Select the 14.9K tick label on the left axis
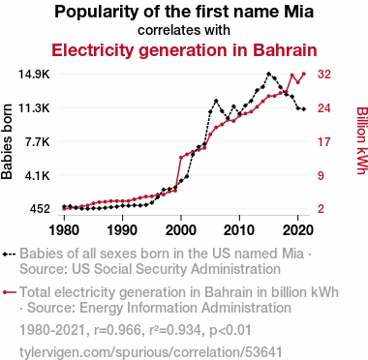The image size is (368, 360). click(x=35, y=75)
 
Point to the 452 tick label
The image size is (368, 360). click(x=40, y=209)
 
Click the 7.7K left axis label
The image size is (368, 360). click(x=38, y=141)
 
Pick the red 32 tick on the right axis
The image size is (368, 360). click(x=324, y=75)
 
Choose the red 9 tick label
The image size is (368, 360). click(x=321, y=175)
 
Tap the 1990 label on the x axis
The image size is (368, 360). click(x=123, y=230)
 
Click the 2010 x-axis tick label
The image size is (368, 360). click(x=239, y=230)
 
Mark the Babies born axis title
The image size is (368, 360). click(x=7, y=141)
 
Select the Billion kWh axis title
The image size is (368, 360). click(x=362, y=140)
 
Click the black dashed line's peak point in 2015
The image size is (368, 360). click(x=268, y=74)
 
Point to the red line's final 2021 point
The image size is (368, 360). click(x=304, y=74)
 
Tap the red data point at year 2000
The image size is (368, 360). click(x=181, y=158)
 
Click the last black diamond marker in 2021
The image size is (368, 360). click(x=304, y=109)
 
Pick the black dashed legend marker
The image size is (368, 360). click(x=9, y=255)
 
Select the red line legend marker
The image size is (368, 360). click(x=10, y=292)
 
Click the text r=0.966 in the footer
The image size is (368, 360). click(x=118, y=330)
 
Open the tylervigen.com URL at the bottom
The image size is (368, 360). click(x=151, y=352)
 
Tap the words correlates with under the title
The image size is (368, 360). click(x=184, y=30)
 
